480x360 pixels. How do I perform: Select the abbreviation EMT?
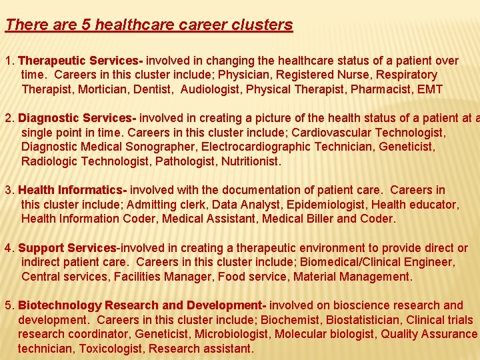[x=430, y=89]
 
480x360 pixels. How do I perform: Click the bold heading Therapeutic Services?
[x=78, y=61]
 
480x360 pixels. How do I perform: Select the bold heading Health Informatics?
[x=74, y=191]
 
